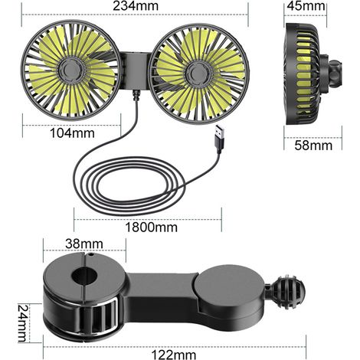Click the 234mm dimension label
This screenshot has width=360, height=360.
[x=136, y=6]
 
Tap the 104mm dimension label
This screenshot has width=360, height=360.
[x=72, y=133]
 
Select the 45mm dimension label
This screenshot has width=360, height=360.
[x=306, y=6]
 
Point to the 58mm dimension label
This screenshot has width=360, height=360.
[x=313, y=146]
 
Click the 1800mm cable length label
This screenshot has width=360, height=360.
[x=152, y=227]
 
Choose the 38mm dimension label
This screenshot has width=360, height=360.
[x=84, y=244]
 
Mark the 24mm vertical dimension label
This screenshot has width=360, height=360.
[x=22, y=323]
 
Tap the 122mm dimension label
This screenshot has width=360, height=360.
[x=174, y=355]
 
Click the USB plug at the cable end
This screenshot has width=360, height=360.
[x=220, y=139]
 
